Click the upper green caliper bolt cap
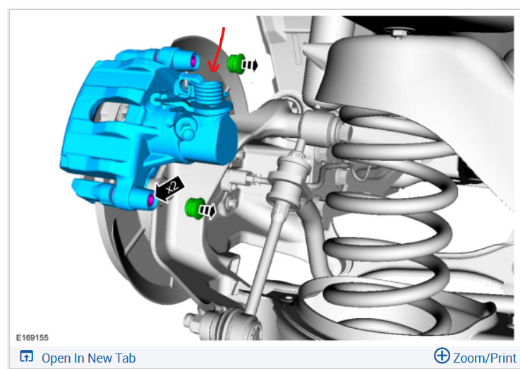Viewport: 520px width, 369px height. (236, 63)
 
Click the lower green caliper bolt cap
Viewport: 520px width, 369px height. (194, 209)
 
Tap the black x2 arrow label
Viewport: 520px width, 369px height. (169, 189)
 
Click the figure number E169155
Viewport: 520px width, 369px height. (32, 338)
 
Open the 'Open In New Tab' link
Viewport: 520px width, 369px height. (88, 358)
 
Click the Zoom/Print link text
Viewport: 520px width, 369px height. (485, 358)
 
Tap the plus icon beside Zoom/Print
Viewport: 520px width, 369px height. (442, 356)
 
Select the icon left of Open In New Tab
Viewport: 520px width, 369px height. (27, 356)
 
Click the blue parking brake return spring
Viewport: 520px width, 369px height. (208, 93)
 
